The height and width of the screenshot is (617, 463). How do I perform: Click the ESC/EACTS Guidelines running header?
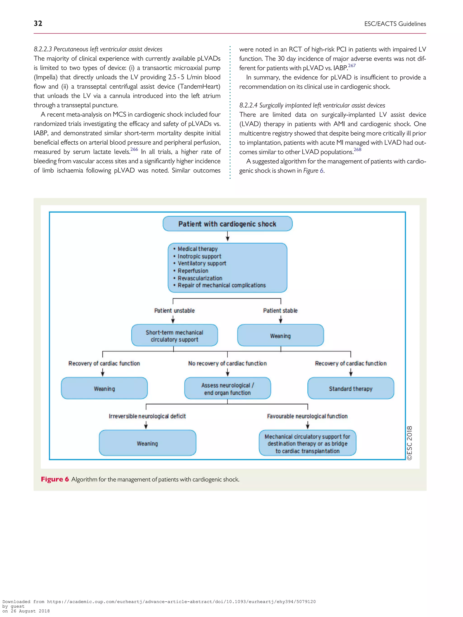point(395,24)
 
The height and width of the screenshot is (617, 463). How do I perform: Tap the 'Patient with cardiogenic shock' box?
point(227,224)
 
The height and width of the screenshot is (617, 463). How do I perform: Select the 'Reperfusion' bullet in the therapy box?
point(193,271)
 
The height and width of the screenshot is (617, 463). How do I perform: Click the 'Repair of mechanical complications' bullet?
point(222,285)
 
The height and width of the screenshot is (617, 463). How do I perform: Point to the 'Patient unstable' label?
point(175,310)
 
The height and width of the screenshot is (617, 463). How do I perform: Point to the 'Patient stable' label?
point(280,310)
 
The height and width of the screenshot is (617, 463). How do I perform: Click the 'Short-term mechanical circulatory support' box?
point(175,335)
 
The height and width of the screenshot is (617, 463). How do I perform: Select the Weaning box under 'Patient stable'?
point(280,335)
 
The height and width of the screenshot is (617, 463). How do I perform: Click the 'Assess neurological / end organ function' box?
point(227,389)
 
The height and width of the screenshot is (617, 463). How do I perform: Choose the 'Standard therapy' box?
point(351,389)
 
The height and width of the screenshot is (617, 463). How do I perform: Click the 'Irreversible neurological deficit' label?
point(147,416)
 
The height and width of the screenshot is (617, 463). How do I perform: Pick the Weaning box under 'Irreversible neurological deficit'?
point(147,443)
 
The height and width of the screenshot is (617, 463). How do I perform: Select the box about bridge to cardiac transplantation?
point(307,443)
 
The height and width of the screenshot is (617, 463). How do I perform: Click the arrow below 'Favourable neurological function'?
point(307,425)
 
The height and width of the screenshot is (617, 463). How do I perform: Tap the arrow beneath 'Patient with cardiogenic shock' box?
point(227,237)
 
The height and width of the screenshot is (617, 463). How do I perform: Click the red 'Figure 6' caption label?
point(55,479)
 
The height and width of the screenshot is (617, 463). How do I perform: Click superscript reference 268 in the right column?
point(357,150)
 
